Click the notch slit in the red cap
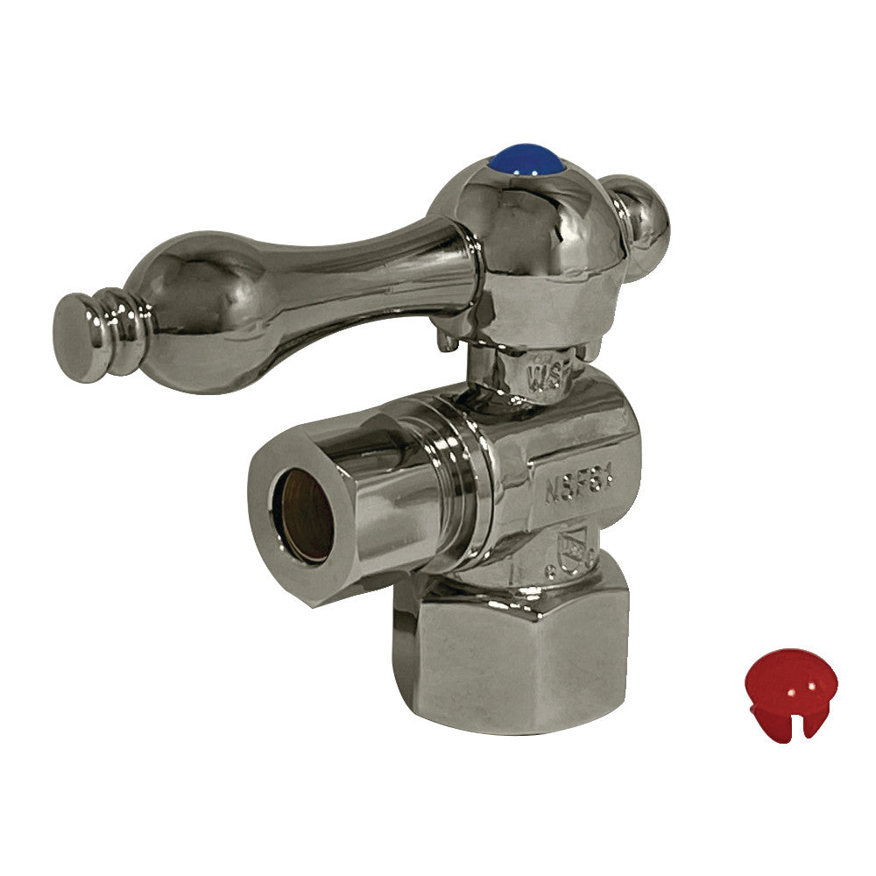point(785,726)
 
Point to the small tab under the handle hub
point(449,340)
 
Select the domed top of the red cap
point(788,670)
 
